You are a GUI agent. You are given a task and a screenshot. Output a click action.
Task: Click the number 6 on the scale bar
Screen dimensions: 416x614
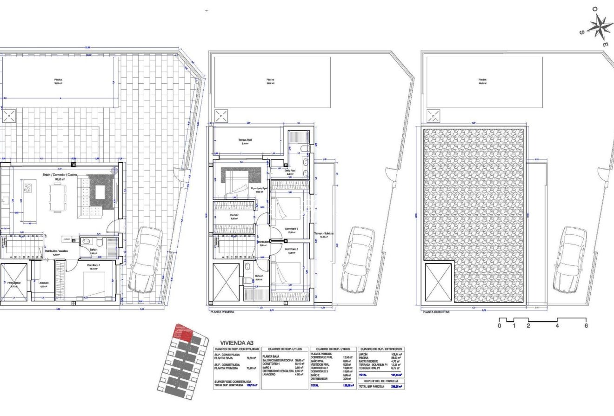pyautogui.click(x=586, y=326)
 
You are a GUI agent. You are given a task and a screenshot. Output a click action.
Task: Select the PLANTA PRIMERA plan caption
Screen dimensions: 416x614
pyautogui.click(x=222, y=312)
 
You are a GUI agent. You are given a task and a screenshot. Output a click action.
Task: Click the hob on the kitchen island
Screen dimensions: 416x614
pyautogui.click(x=28, y=189)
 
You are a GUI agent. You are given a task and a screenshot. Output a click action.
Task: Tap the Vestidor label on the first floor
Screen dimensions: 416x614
pyautogui.click(x=234, y=215)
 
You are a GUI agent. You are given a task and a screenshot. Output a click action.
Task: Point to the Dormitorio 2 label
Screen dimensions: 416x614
pyautogui.click(x=291, y=250)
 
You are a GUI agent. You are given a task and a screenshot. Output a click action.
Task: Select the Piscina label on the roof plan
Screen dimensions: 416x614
pyautogui.click(x=482, y=80)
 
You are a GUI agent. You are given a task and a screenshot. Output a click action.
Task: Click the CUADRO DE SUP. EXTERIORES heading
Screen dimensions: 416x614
pyautogui.click(x=380, y=349)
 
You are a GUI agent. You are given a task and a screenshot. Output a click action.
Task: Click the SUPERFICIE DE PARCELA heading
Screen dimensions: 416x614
pyautogui.click(x=380, y=381)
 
